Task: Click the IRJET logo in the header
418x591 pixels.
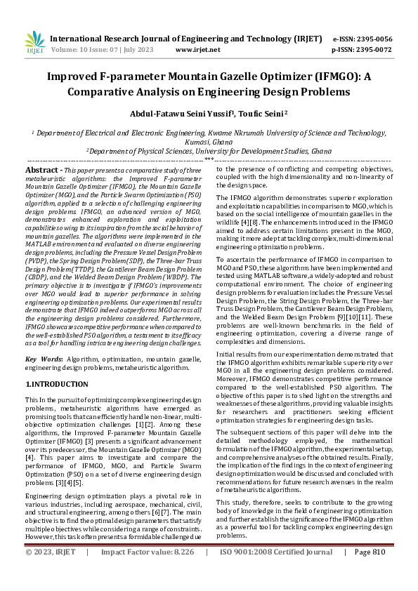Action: [x=34, y=44]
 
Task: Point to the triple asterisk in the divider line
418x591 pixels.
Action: [x=209, y=160]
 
